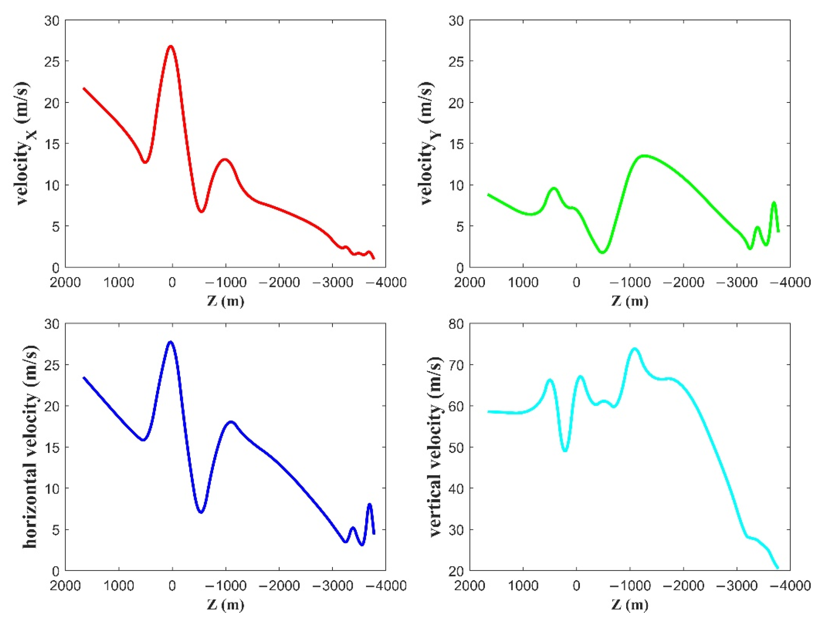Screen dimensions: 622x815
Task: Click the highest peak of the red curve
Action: (171, 46)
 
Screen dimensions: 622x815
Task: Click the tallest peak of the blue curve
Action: (171, 342)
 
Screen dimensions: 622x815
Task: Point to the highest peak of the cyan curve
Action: (635, 349)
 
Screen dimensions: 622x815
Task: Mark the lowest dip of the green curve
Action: (602, 252)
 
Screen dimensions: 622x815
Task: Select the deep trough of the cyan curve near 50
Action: (565, 451)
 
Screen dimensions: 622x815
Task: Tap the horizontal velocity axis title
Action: (30, 447)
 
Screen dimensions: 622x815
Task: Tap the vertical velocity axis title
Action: (435, 447)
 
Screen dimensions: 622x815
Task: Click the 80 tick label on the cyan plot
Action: (456, 324)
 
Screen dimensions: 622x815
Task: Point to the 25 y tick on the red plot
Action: (51, 61)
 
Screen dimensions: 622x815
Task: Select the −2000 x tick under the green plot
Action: (683, 283)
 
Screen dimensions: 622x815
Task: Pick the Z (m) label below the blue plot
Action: (226, 604)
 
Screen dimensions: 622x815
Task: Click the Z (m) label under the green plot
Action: (630, 301)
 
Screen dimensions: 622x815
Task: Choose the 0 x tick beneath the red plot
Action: (172, 283)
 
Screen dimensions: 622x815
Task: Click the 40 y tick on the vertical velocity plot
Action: (456, 488)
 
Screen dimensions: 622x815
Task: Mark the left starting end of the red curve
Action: (84, 89)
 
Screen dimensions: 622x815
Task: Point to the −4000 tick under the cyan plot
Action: (790, 586)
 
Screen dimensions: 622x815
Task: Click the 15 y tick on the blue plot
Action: (51, 447)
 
